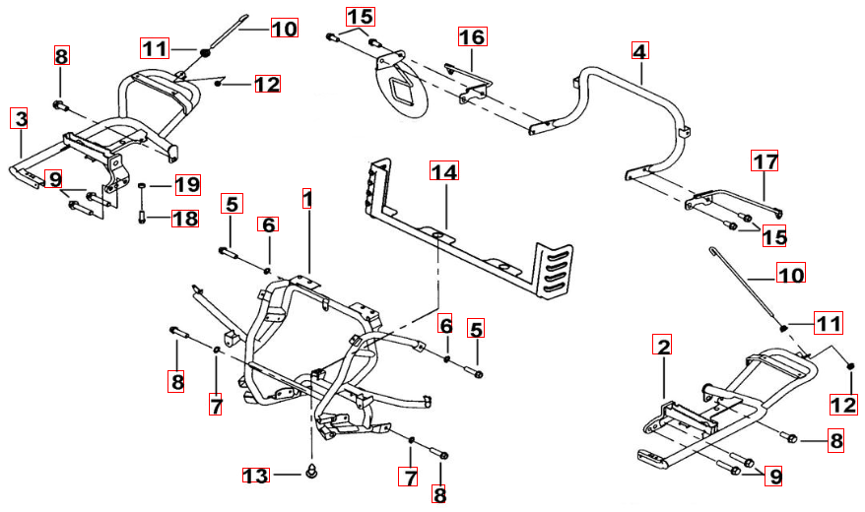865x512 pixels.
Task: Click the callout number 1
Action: tap(307, 201)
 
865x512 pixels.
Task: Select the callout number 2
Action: tap(664, 347)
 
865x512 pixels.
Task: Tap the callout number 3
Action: tap(20, 120)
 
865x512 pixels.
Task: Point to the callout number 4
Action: tap(640, 50)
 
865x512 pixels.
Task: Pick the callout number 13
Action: tap(256, 477)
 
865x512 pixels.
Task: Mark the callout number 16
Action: tap(472, 37)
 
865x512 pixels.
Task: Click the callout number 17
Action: tap(765, 161)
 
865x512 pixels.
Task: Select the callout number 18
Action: tap(184, 218)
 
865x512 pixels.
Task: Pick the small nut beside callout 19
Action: tap(144, 185)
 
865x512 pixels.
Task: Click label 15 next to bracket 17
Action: tap(775, 236)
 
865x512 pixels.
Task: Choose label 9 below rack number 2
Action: tap(775, 477)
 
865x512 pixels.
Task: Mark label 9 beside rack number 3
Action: tap(53, 180)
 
